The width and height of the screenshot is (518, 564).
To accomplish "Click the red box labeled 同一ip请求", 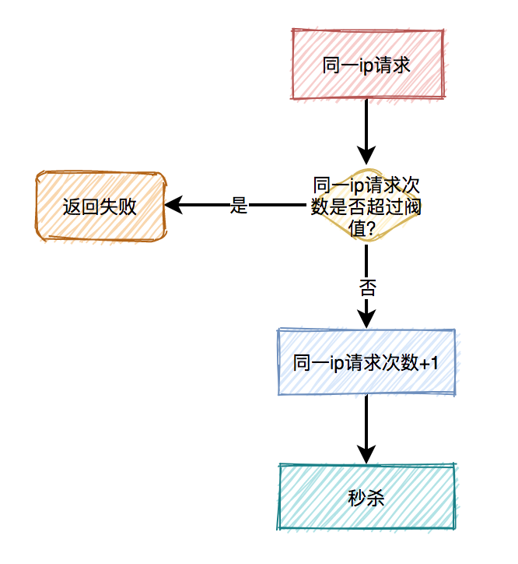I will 367,65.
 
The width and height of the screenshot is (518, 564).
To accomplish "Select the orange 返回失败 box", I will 100,206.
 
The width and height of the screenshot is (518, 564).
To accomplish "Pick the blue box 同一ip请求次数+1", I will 366,362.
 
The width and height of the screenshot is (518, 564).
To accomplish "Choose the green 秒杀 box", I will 366,498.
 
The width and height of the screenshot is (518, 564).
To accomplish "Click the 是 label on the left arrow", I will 239,206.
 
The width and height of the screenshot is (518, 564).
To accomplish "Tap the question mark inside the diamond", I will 371,228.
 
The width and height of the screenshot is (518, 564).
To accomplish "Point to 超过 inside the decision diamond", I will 386,207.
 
